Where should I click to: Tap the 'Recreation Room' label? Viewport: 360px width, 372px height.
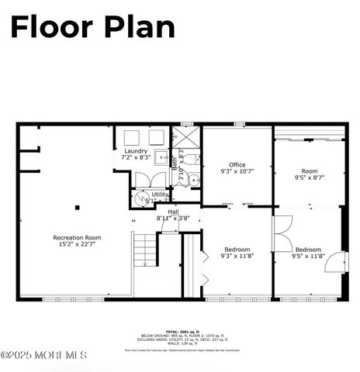pos(77,237)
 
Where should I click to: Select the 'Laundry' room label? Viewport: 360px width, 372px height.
pos(135,150)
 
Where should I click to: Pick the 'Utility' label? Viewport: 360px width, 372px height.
pos(160,195)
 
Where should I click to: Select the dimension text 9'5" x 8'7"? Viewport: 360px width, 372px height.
pos(309,177)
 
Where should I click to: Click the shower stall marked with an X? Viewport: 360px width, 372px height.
pos(186,137)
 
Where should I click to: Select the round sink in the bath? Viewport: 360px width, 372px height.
pos(195,180)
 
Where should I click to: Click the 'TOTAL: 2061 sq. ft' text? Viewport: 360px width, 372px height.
pos(180,330)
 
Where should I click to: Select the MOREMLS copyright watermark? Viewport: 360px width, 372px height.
pos(43,355)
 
